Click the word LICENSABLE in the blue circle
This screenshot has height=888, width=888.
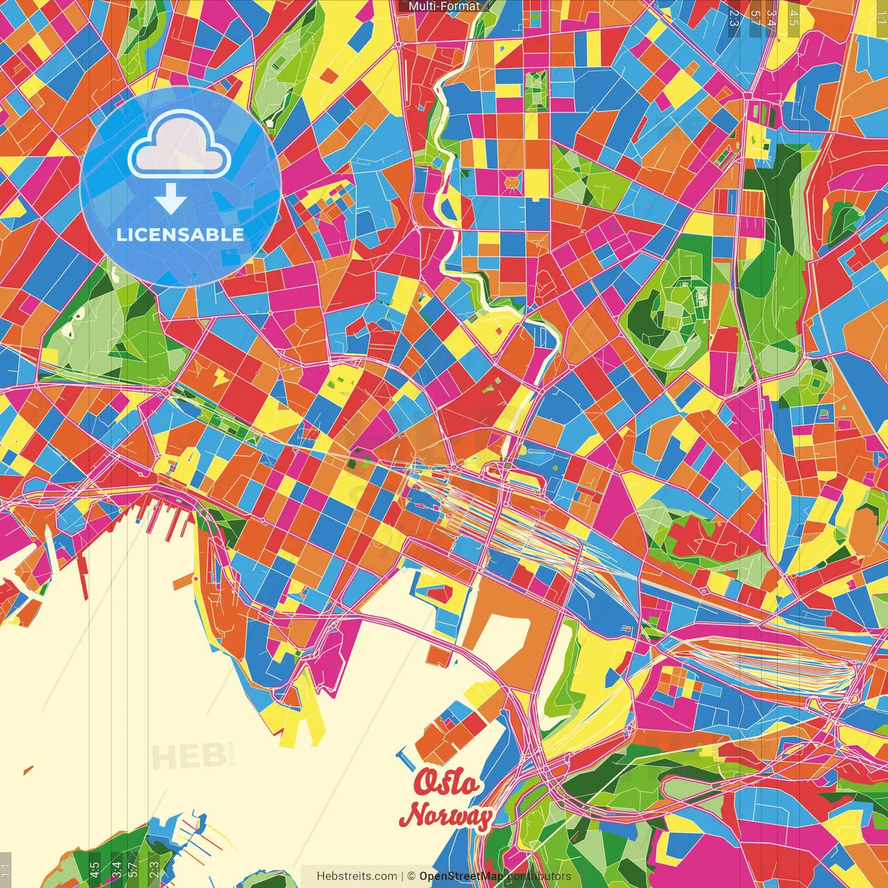point(180,234)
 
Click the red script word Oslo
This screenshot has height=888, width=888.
point(447,783)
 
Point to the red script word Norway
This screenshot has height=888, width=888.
point(446,815)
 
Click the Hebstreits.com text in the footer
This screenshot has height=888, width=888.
point(357,876)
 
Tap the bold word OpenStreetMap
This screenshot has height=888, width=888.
point(461,876)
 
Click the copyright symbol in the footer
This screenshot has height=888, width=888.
point(411,876)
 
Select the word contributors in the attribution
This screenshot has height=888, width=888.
point(540,876)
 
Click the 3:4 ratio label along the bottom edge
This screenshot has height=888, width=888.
point(117,869)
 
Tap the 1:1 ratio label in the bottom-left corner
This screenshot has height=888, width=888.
point(6,869)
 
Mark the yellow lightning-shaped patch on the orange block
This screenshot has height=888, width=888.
point(221,377)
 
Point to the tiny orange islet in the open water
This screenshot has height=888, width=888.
point(28,770)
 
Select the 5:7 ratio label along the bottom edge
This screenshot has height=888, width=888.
point(134,869)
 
